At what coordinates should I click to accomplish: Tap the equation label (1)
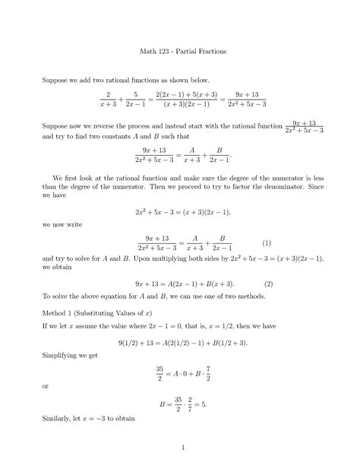(267, 243)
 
